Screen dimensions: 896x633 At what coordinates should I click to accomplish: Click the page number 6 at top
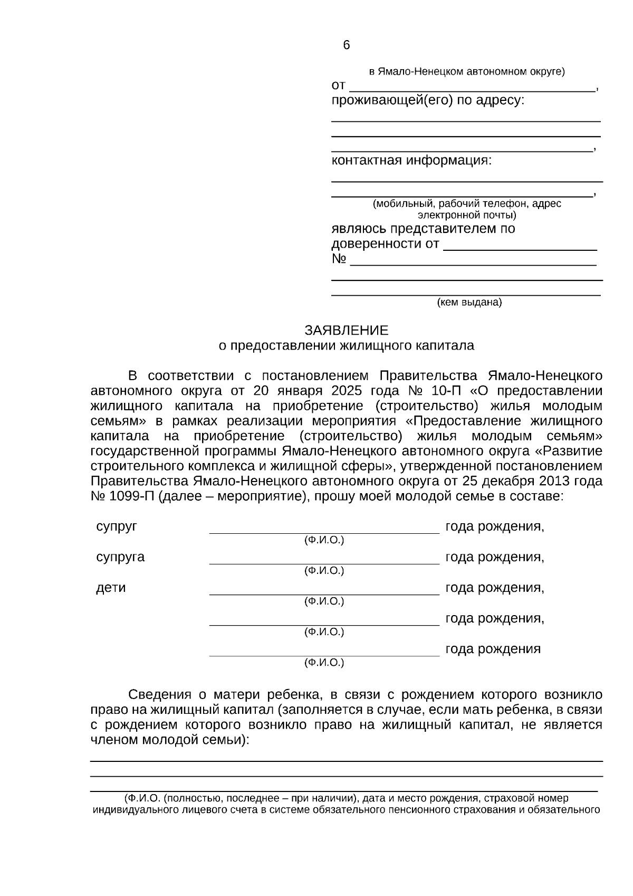pos(346,45)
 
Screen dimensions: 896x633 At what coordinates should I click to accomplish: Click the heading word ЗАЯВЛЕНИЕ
pos(346,331)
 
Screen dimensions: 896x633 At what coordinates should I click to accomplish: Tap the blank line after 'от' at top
pos(472,90)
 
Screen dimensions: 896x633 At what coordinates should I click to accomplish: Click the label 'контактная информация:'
pos(411,161)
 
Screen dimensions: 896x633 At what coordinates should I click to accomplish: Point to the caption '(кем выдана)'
pos(469,303)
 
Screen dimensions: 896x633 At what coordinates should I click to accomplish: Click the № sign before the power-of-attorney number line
pos(339,259)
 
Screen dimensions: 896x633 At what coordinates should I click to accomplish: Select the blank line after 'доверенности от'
pos(520,248)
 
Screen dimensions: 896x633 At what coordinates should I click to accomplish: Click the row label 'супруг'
pos(117,526)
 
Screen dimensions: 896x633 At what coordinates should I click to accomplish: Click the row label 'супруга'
pos(120,557)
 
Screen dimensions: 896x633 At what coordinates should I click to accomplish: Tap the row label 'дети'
pos(111,588)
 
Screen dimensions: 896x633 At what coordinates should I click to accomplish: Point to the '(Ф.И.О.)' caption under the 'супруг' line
pos(324,540)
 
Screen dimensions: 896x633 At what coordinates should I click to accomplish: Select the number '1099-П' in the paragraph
pos(131,497)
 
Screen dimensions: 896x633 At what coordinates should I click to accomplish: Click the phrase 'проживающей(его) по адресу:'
pos(428,100)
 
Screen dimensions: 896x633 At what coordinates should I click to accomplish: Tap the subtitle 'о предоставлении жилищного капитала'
pos(346,346)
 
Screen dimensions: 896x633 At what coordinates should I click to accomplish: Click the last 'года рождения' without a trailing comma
pos(493,649)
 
